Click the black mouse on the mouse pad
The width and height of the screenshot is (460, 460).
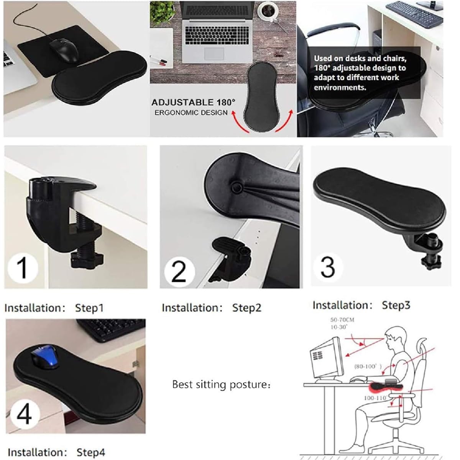click(x=64, y=50)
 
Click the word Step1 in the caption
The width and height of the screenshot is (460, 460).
click(x=90, y=308)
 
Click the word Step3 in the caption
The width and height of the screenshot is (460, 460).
click(x=396, y=305)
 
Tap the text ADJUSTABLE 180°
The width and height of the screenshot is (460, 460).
click(x=193, y=102)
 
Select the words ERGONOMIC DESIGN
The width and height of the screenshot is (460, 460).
click(x=191, y=113)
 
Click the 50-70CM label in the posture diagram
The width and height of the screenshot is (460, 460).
click(x=342, y=320)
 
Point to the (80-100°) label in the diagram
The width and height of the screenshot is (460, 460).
click(x=368, y=366)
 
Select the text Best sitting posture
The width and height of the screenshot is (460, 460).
click(x=221, y=384)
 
